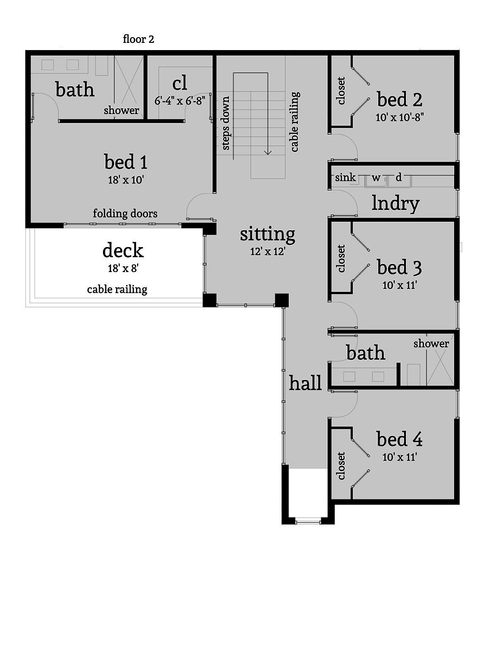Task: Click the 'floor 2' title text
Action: (139, 39)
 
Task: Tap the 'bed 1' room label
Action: (126, 162)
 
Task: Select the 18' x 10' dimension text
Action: (126, 180)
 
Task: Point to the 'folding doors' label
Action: (125, 213)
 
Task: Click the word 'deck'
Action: (123, 250)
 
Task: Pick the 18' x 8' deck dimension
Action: (123, 269)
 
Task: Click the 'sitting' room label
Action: (267, 235)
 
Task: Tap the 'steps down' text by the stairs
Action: (225, 123)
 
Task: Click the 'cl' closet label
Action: (179, 83)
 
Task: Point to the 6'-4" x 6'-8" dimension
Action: (180, 101)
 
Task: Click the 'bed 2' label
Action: (399, 100)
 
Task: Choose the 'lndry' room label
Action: (395, 203)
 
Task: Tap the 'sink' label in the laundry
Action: (345, 178)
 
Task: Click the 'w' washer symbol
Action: (376, 178)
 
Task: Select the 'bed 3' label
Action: (399, 267)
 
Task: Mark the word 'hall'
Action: (305, 383)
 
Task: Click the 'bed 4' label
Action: (399, 439)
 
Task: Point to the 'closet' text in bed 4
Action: (341, 466)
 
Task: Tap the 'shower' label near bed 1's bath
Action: (121, 110)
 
